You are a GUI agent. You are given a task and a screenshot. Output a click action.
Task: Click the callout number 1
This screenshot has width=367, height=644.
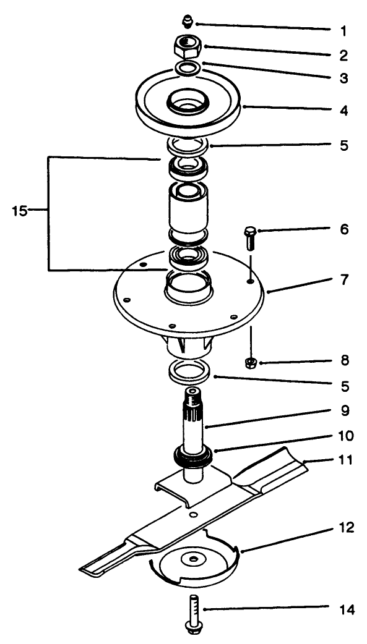pyautogui.click(x=342, y=30)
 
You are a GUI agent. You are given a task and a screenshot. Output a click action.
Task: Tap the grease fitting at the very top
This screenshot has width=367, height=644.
pyautogui.click(x=187, y=23)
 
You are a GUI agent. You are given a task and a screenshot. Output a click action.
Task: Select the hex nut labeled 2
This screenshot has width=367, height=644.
pyautogui.click(x=188, y=44)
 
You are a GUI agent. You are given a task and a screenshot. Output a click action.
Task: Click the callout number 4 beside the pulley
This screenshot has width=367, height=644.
pyautogui.click(x=342, y=112)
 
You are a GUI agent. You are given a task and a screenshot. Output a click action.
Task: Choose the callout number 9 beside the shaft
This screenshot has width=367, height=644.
pyautogui.click(x=342, y=410)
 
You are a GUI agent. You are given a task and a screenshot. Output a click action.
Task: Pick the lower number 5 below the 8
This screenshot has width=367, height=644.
pyautogui.click(x=342, y=387)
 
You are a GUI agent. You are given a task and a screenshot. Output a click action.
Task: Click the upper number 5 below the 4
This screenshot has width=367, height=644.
pyautogui.click(x=342, y=146)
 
